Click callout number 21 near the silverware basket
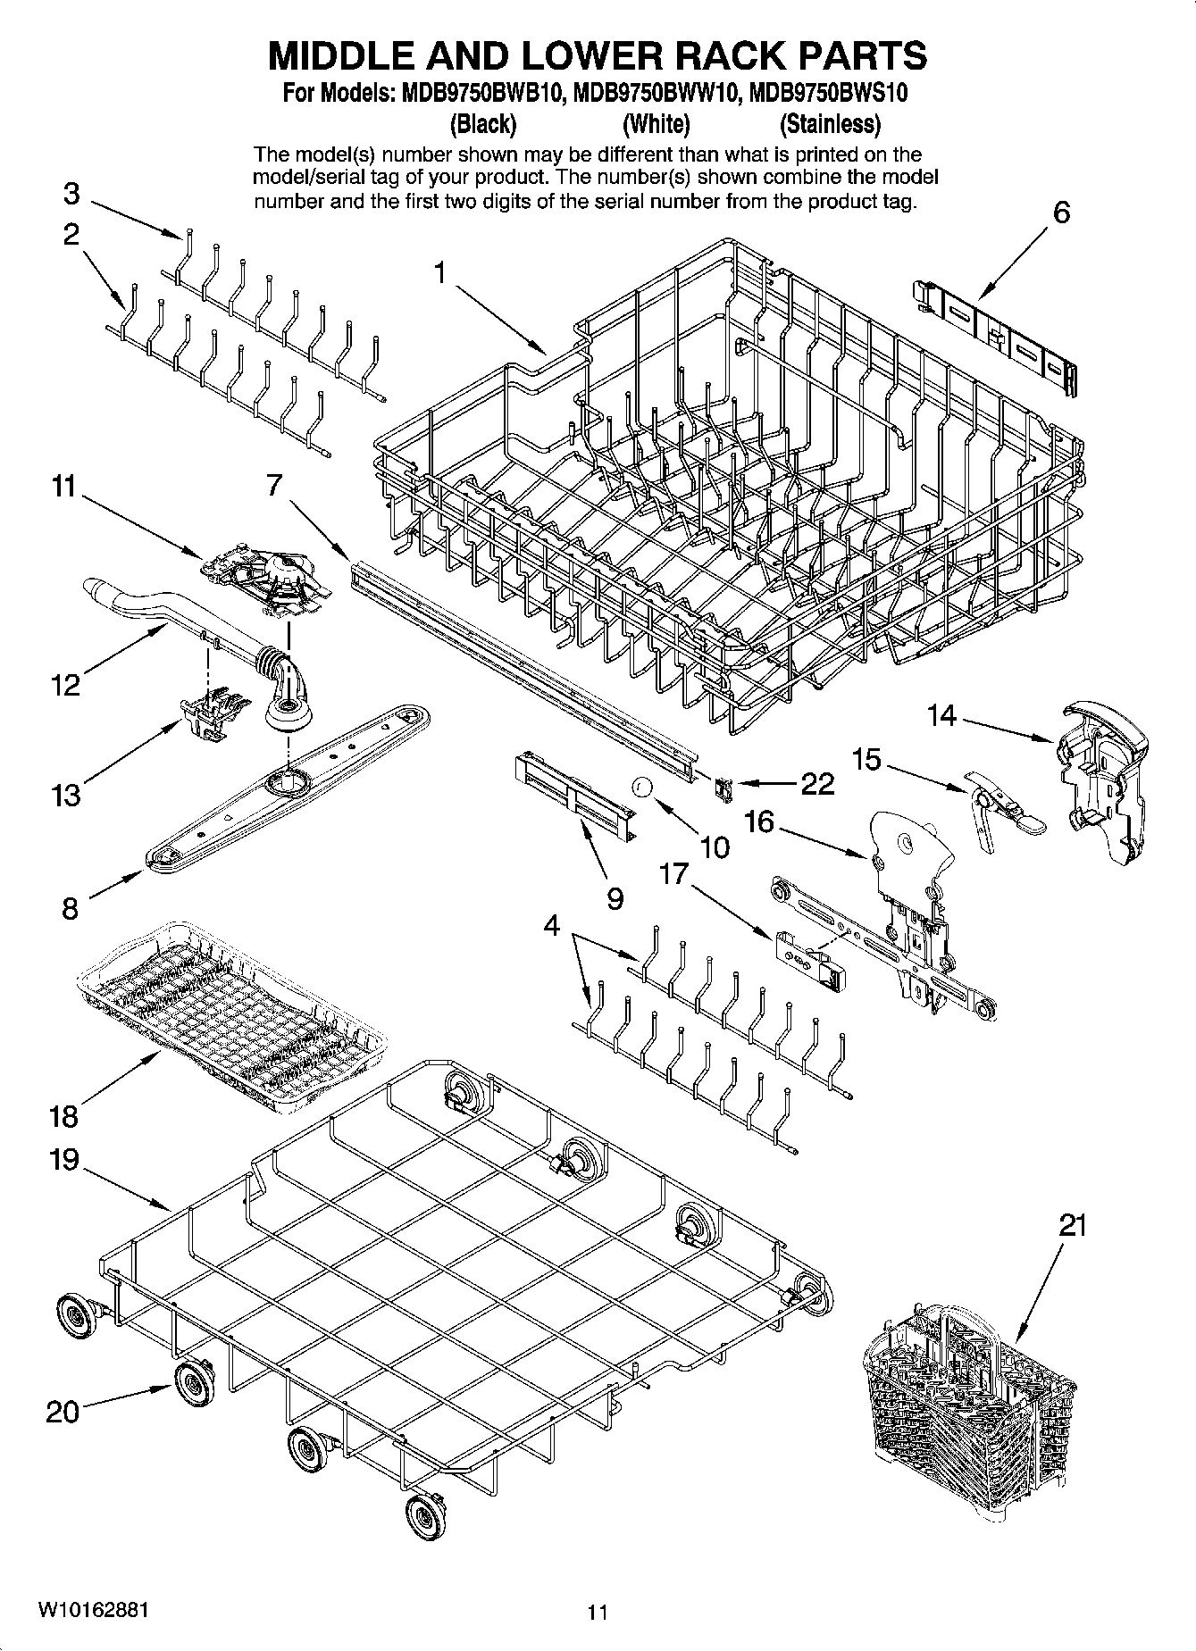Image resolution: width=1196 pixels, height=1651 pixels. coord(1072,1225)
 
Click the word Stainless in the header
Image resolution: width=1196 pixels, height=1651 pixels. coord(830,123)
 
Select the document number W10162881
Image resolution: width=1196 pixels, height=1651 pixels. coord(93,1609)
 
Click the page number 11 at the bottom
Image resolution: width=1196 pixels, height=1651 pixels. coord(598,1613)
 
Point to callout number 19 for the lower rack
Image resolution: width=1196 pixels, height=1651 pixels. coord(65,1161)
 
